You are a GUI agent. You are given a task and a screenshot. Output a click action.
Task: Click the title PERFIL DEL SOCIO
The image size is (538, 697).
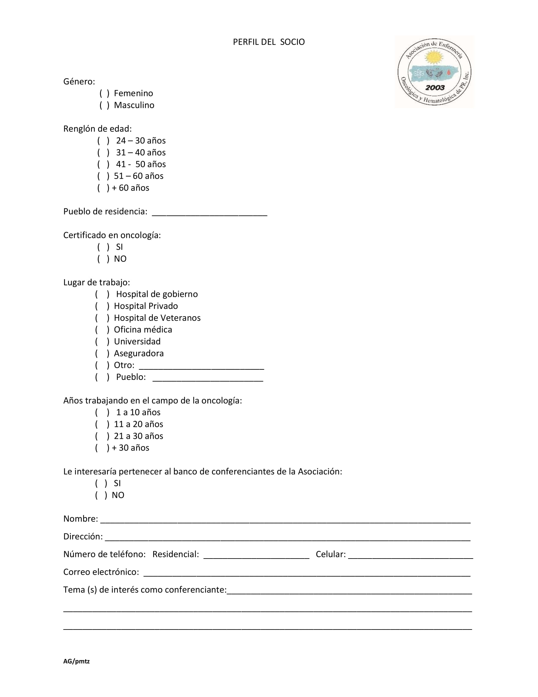pos(269,42)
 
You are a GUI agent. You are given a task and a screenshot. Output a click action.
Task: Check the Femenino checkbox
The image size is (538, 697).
pos(104,93)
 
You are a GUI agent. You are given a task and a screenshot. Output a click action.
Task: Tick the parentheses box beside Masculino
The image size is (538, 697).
pos(104,105)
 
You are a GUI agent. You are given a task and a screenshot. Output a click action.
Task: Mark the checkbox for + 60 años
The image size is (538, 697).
pos(103,188)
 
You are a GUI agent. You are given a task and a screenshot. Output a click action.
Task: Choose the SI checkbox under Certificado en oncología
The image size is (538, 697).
pos(103,247)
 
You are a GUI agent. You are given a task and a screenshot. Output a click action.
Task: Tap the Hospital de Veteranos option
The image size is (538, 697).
pos(102,318)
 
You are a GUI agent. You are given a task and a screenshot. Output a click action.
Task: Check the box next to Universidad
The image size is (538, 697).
pos(102,342)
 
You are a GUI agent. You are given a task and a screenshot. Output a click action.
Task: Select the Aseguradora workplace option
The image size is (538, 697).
pos(102,353)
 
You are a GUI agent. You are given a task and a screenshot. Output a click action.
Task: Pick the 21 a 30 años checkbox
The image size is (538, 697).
pos(102,436)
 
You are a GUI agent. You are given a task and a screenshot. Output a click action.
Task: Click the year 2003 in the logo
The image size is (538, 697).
pos(435,87)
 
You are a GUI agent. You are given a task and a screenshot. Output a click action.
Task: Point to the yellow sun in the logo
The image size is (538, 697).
pos(434,58)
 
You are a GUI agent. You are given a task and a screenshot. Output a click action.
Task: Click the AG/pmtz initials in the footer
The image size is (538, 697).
pos(77,661)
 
